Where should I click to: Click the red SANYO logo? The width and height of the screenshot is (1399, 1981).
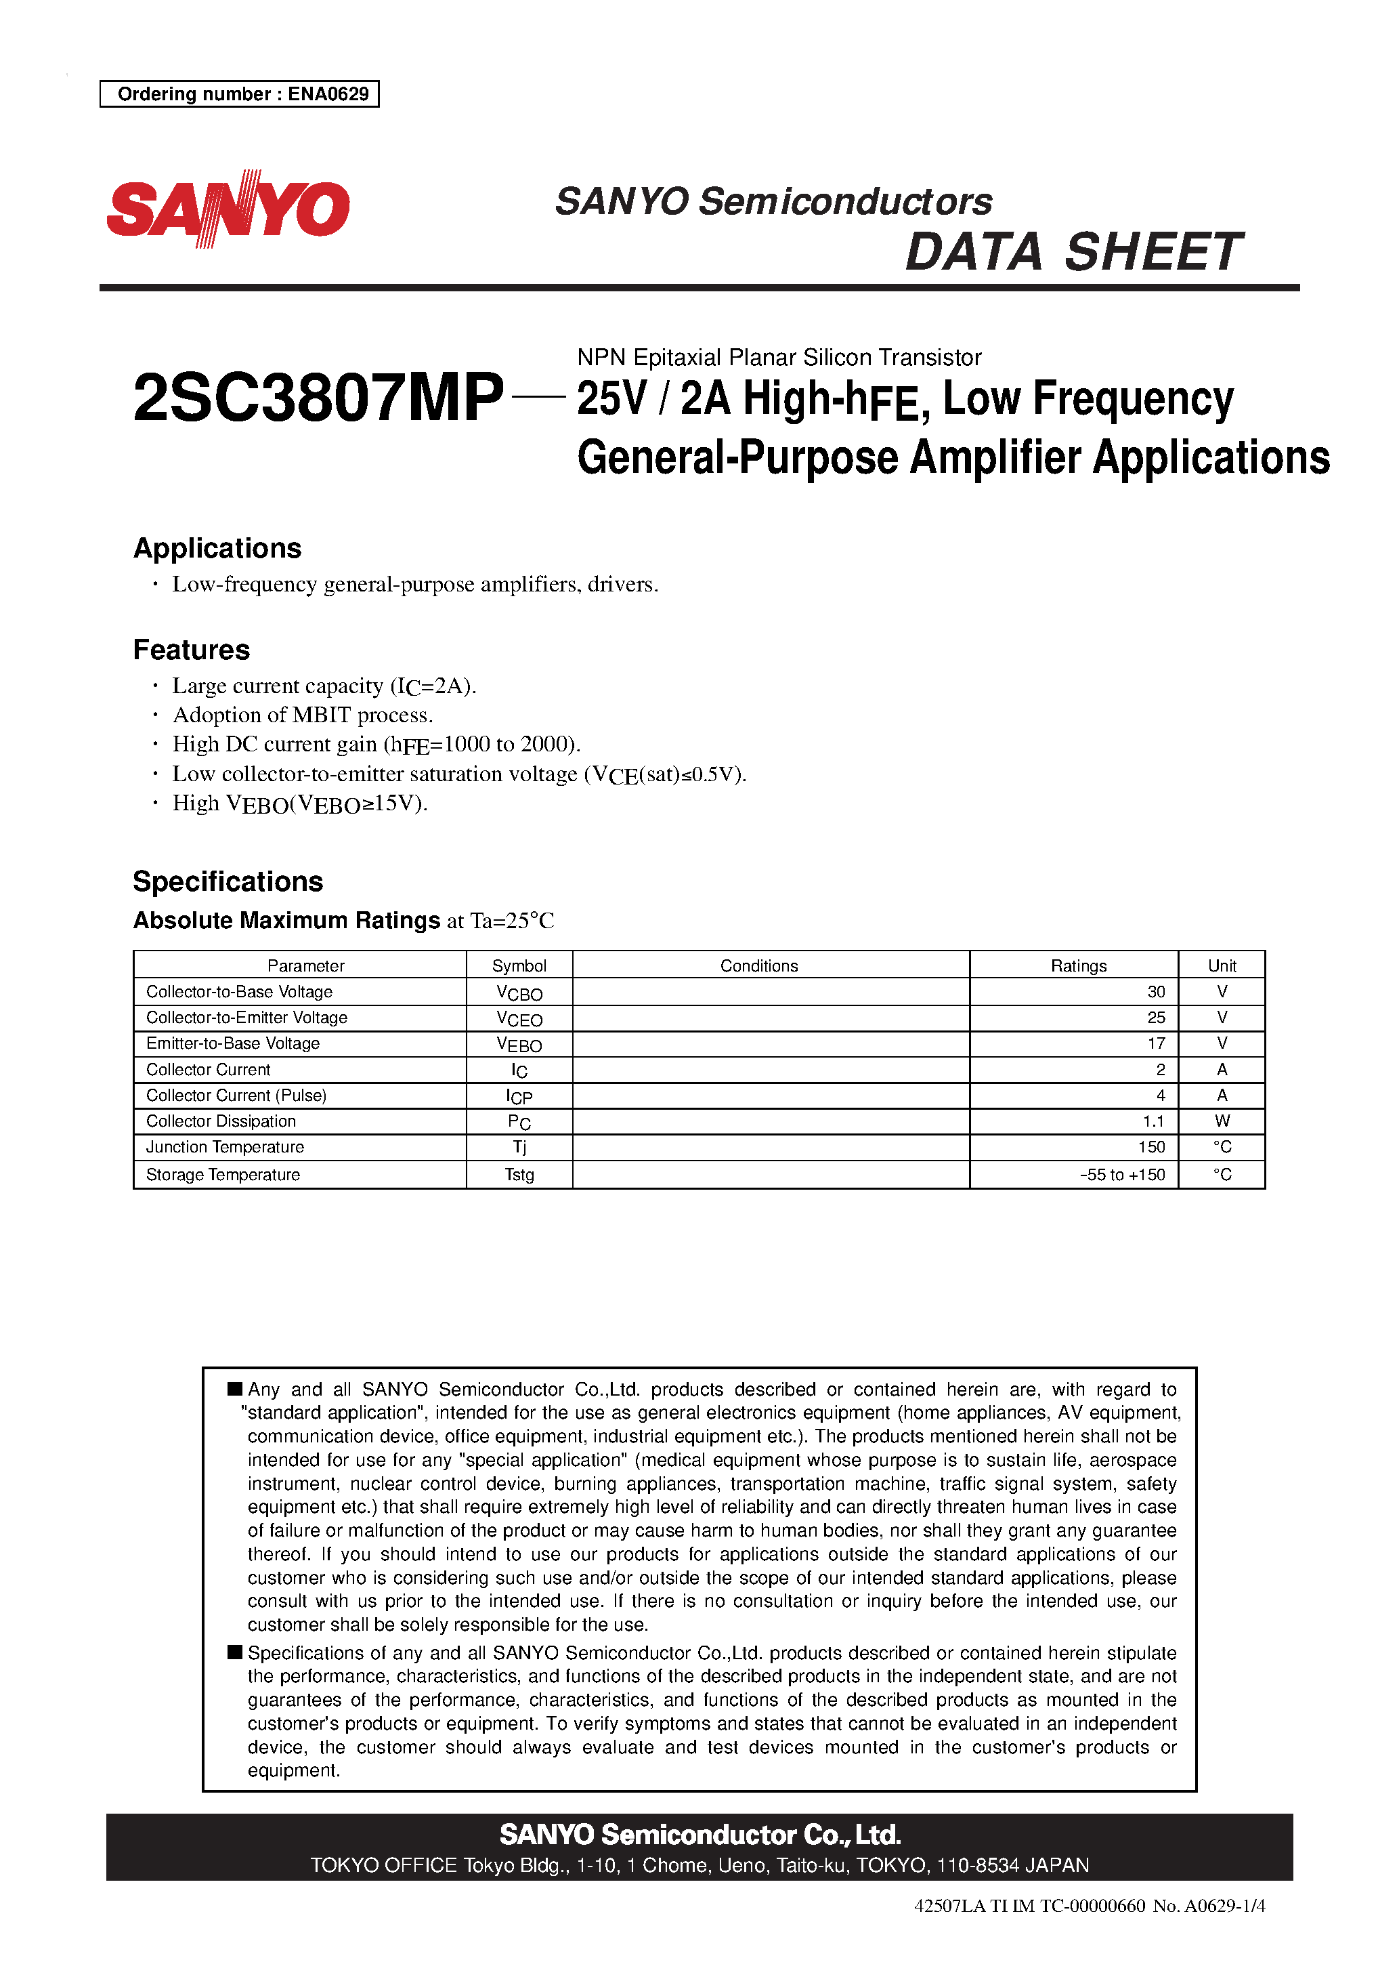coord(228,209)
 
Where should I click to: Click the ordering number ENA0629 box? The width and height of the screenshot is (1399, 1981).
coord(240,94)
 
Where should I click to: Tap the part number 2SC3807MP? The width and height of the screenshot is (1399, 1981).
coord(318,398)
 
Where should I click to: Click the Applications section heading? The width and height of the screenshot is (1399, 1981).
coord(217,548)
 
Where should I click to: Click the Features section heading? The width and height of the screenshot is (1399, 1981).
coord(192,650)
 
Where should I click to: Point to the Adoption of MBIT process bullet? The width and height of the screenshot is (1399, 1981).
coord(302,715)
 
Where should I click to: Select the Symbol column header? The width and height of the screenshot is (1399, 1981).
coord(519,965)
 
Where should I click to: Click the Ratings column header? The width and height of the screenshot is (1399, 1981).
coord(1077,965)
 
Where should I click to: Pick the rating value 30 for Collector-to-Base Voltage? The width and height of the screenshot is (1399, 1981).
coord(1156,993)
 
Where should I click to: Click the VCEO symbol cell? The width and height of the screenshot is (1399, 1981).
coord(519,1019)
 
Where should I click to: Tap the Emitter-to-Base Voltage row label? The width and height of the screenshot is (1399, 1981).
coord(233,1044)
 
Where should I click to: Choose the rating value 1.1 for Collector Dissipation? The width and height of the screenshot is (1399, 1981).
coord(1153,1122)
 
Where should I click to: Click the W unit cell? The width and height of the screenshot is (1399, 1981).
coord(1222,1122)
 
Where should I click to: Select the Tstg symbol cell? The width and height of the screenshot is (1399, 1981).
coord(519,1175)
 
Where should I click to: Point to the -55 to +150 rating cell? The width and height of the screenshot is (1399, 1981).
coord(1122,1175)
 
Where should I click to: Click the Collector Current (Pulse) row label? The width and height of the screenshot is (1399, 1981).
coord(236,1096)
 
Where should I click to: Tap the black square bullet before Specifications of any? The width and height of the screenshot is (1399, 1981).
coord(234,1652)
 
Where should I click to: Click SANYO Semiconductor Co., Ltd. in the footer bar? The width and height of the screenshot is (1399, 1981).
coord(699,1835)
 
